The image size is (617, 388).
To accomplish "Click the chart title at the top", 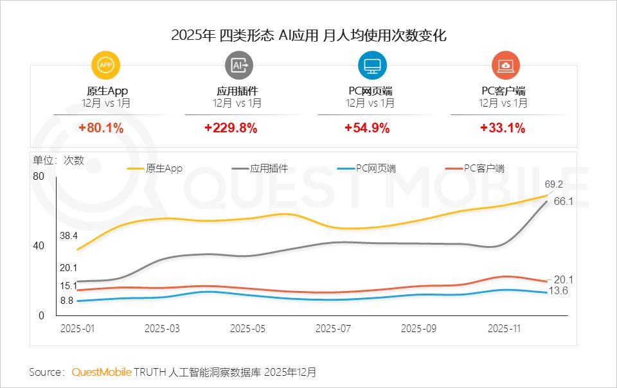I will point(308,35).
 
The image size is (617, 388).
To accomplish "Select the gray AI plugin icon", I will point(239,65).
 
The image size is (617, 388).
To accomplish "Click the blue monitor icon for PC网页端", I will point(372,65).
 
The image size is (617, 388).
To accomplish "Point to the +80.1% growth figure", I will point(101,128).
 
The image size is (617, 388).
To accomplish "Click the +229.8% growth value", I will point(231,128).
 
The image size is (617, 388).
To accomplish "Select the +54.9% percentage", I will point(367,128).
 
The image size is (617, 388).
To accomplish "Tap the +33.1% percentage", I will point(503,128).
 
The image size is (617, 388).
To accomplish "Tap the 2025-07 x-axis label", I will point(333,328).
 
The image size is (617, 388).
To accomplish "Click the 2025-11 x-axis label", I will point(504,328).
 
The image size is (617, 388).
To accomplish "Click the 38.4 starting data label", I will point(69,236).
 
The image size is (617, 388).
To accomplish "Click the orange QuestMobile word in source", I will point(101,372).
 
